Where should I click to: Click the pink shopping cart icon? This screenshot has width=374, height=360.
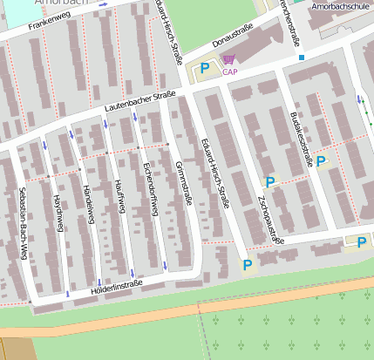coord(228,59)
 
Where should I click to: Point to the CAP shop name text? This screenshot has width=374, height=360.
coord(229,72)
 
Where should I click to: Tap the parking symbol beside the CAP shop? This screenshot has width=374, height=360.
coord(205,67)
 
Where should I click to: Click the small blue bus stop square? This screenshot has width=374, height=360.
coord(302,58)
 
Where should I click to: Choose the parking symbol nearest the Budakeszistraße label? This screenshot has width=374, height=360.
coord(321,160)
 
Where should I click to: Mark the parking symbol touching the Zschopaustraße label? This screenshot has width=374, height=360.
coord(270,182)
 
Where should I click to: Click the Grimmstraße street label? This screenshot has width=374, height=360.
coord(183,186)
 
